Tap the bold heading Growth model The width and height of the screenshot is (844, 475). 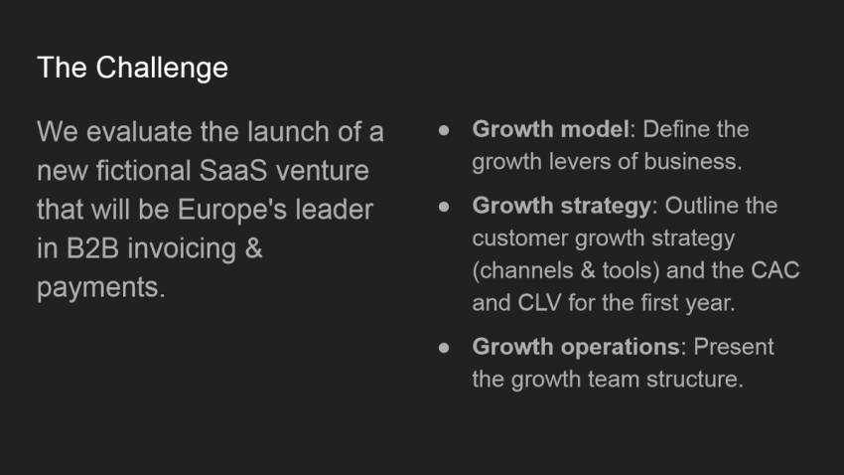[x=550, y=129]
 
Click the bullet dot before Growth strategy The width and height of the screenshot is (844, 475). [x=445, y=206]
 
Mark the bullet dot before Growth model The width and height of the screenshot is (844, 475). [x=445, y=129]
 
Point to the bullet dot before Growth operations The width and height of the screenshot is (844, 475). [x=445, y=347]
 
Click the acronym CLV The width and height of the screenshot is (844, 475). [x=541, y=303]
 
